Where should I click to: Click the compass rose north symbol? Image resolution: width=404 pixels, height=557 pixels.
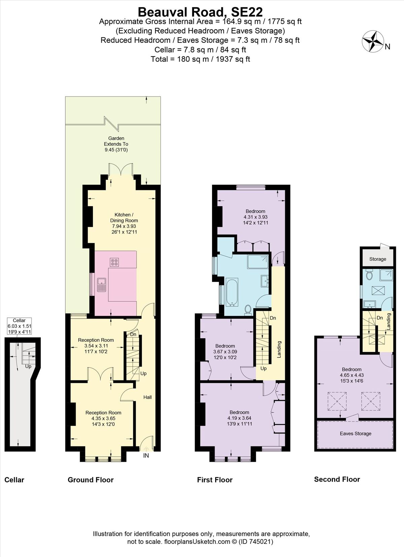click(x=373, y=42)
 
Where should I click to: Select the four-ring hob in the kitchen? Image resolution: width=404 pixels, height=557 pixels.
click(x=114, y=262)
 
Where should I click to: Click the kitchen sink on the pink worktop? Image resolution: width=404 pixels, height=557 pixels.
click(x=101, y=285)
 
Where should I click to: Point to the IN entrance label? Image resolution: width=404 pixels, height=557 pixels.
click(x=146, y=456)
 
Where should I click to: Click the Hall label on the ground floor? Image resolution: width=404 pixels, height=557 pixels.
click(x=147, y=397)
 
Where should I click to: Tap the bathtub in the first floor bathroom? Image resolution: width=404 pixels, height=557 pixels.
click(x=231, y=291)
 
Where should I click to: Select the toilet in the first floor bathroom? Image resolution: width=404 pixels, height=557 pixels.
click(x=248, y=309)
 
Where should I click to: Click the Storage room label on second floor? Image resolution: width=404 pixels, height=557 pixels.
click(x=377, y=259)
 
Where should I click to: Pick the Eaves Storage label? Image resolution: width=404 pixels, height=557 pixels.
click(x=356, y=433)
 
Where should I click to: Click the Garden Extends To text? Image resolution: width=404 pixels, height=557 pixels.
click(x=116, y=141)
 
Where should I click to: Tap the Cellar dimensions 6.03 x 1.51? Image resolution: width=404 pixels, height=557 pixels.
click(x=20, y=326)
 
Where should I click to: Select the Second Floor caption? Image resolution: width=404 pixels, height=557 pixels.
click(x=337, y=479)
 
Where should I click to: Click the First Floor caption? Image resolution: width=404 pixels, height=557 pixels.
click(x=215, y=480)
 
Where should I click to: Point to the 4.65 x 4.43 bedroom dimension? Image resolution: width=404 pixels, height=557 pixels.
click(x=352, y=375)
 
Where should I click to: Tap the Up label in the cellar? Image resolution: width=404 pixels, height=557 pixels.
click(x=28, y=366)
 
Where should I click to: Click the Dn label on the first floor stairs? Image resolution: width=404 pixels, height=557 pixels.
click(x=273, y=318)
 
